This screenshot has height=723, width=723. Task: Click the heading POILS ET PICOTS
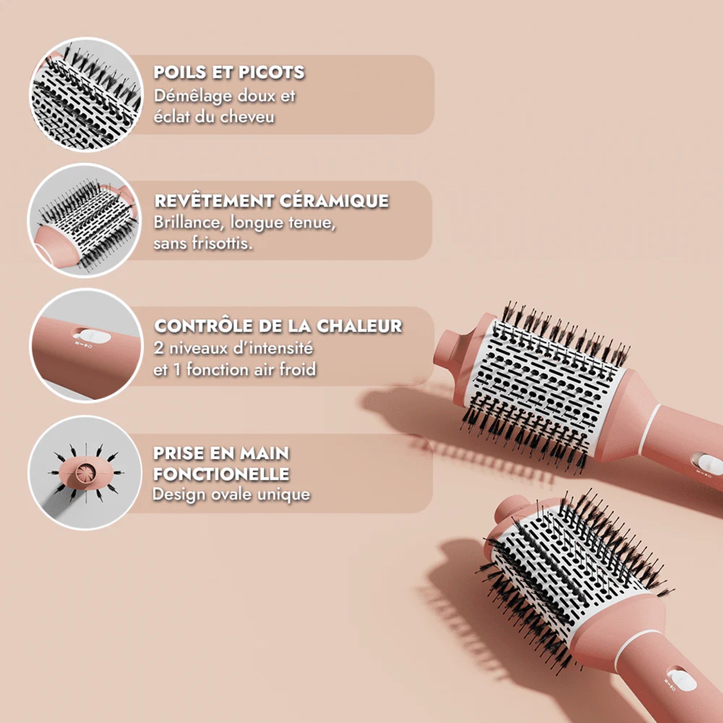pos(229,72)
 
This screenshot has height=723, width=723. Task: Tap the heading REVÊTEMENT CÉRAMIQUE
pos(271,201)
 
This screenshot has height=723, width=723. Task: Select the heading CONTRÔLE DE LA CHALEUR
pos(278,325)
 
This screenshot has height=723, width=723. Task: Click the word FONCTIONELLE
pos(221,474)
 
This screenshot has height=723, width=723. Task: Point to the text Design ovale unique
pos(231,494)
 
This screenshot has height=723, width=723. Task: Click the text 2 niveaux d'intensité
pos(233,348)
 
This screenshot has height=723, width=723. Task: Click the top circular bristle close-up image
pos(87,94)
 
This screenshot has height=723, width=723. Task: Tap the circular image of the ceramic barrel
pos(85,220)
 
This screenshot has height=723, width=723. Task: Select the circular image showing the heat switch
pos(86,345)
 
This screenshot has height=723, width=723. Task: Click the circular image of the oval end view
pos(85,472)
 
